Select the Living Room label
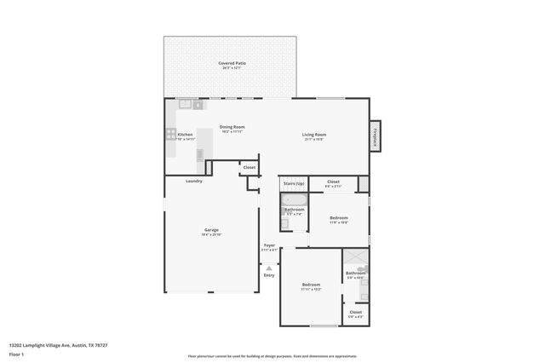(314, 135)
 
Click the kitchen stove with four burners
(171, 135)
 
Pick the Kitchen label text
(185, 135)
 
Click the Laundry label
(194, 181)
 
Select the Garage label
(211, 230)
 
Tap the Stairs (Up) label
(294, 182)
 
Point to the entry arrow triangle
(269, 268)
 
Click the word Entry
(269, 275)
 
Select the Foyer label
(269, 245)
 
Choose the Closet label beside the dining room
(250, 168)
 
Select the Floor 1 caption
(17, 353)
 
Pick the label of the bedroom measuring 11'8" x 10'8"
(339, 218)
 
